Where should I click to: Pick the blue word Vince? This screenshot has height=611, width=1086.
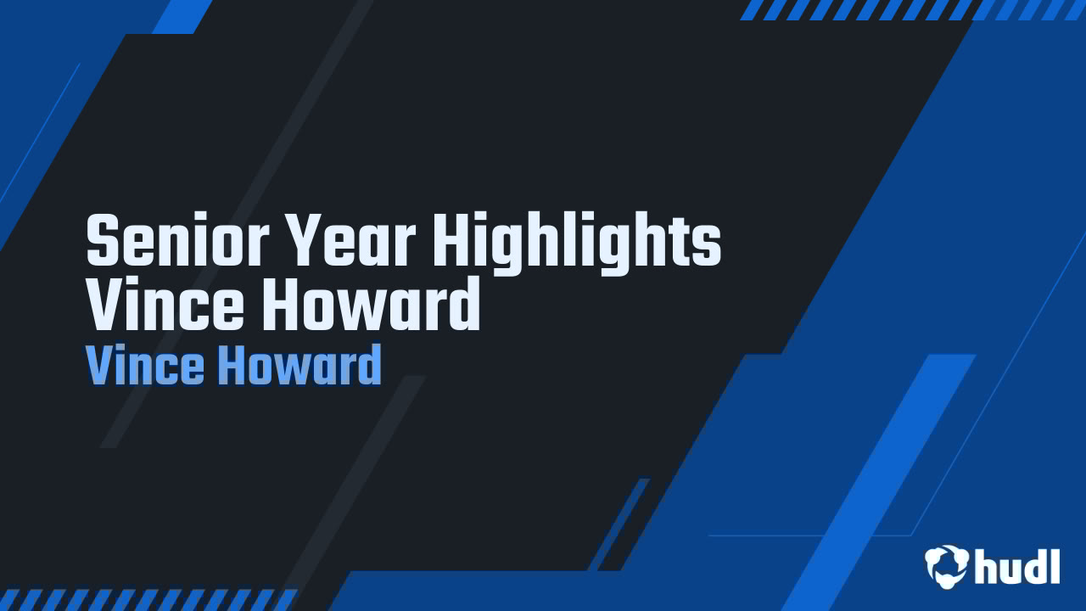(x=144, y=367)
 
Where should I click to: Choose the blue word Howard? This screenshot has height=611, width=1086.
(x=299, y=367)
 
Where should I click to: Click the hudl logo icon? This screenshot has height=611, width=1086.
(x=946, y=565)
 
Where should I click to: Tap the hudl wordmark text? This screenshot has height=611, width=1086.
(x=1017, y=566)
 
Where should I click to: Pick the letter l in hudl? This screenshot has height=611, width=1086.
(x=1055, y=565)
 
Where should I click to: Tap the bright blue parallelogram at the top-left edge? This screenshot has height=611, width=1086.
(x=182, y=16)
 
